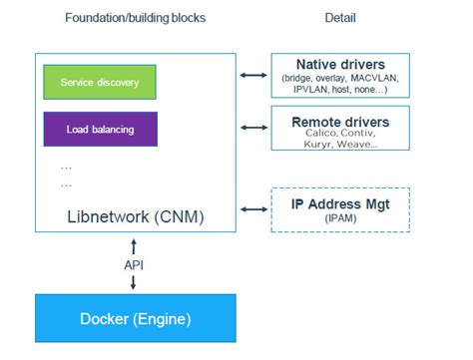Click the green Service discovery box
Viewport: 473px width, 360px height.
(x=100, y=82)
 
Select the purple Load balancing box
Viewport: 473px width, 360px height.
(x=100, y=130)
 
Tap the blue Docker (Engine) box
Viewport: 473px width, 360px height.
(x=134, y=319)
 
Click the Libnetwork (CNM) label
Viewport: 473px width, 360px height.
(x=135, y=214)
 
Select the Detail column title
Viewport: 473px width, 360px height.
(x=341, y=18)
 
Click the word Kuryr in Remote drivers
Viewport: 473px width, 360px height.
(x=320, y=145)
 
